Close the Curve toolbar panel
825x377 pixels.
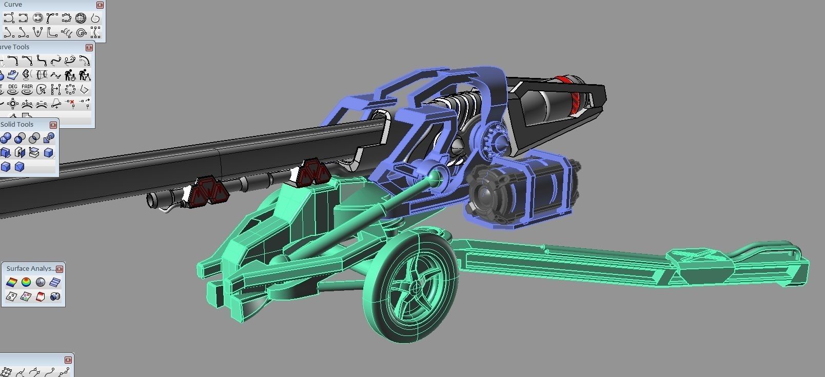[x=100, y=5]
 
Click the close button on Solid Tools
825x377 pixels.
[x=53, y=125]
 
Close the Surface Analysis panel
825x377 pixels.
[x=60, y=269]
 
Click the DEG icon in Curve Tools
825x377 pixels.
[x=13, y=90]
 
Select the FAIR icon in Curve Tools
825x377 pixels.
[x=27, y=90]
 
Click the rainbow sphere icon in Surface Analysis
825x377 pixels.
[x=26, y=282]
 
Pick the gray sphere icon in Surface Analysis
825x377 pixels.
[x=41, y=282]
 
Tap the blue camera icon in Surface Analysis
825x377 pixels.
[x=55, y=296]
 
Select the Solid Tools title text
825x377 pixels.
[x=17, y=125]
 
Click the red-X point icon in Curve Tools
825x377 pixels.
[x=71, y=104]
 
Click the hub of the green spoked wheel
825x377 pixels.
[x=415, y=288]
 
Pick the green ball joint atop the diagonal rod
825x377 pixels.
[x=435, y=177]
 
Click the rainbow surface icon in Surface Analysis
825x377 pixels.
[x=11, y=282]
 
